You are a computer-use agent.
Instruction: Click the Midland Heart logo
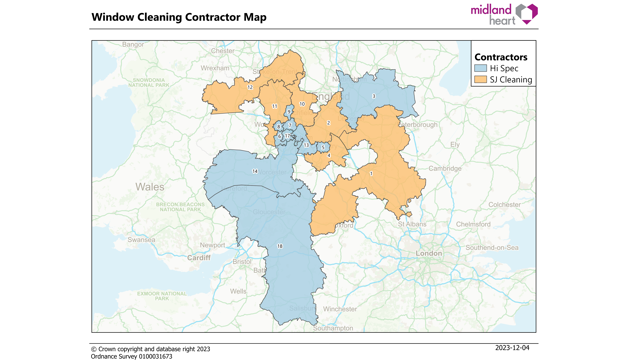(x=504, y=14)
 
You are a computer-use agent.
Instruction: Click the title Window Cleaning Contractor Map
(x=178, y=17)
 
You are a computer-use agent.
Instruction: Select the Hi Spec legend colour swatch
(x=480, y=68)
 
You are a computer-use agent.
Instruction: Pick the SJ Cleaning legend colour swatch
(x=480, y=80)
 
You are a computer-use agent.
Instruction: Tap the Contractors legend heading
(x=500, y=57)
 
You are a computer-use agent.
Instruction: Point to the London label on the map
(x=428, y=253)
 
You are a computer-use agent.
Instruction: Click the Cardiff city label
(x=199, y=257)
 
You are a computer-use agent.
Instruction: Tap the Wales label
(x=150, y=187)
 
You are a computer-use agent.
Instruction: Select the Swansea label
(x=142, y=240)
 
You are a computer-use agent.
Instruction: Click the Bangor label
(x=133, y=45)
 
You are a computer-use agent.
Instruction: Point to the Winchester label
(x=340, y=309)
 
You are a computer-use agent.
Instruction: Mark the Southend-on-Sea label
(x=492, y=246)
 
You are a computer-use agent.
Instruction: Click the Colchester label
(x=504, y=204)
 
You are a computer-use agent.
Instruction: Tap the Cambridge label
(x=445, y=168)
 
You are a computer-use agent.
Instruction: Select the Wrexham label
(x=215, y=68)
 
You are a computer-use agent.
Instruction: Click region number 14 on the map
(x=256, y=171)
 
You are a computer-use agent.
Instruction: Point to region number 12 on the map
(x=250, y=88)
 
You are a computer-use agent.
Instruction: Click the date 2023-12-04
(x=512, y=348)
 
